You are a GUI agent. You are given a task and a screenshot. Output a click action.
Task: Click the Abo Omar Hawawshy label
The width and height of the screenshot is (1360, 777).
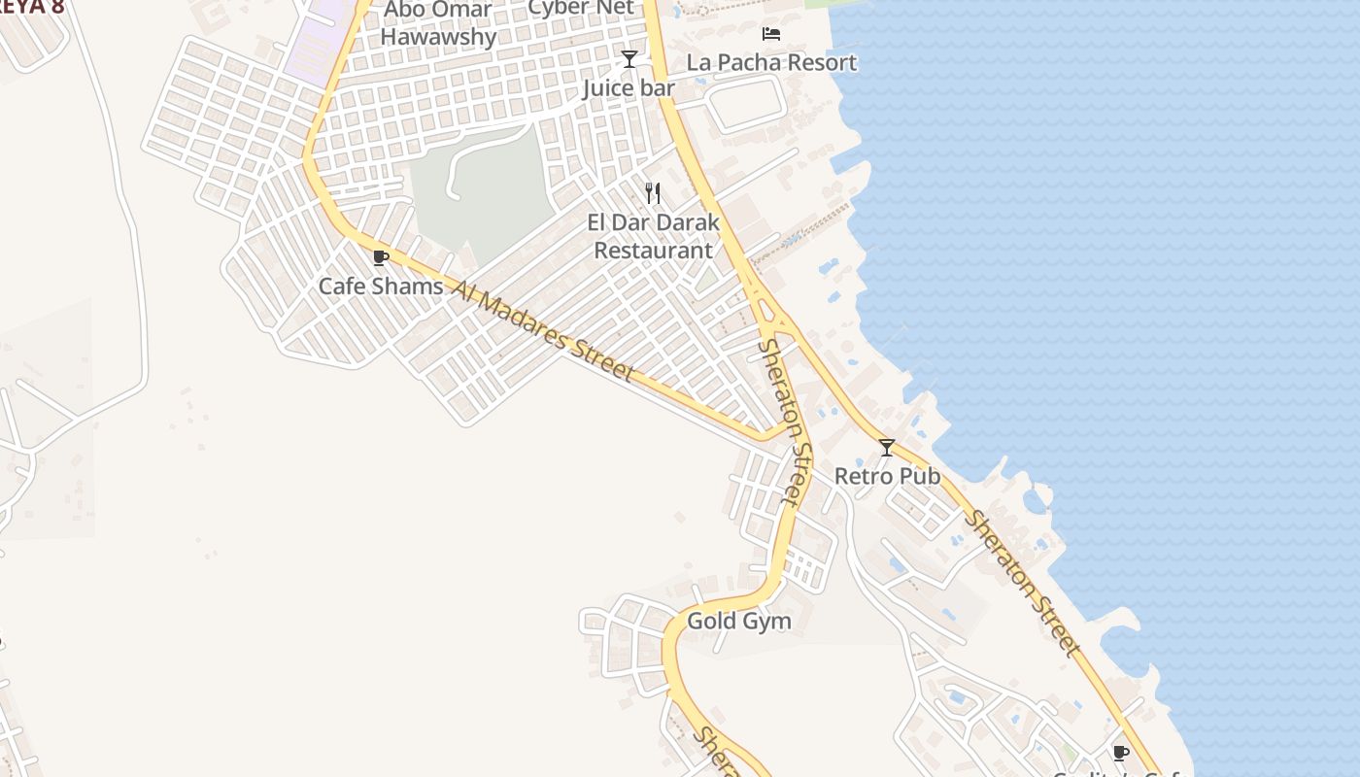(438, 23)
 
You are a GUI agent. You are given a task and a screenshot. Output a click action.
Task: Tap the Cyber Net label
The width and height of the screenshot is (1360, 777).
(580, 8)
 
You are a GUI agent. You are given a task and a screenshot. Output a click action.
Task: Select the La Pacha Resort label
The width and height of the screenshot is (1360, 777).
(771, 62)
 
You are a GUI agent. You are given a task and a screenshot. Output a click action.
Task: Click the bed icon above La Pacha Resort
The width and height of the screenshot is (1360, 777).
(771, 34)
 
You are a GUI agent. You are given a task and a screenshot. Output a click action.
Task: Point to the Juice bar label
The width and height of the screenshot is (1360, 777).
(629, 88)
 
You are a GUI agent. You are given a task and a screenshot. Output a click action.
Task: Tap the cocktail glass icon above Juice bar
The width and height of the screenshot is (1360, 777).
(629, 59)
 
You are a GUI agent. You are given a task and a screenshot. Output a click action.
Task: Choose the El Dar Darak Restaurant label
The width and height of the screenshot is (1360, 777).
(654, 236)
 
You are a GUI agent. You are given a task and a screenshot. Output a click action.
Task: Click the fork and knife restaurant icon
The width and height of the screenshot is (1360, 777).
(653, 193)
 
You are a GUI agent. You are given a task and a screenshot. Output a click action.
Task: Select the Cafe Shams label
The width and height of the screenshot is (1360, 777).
(381, 287)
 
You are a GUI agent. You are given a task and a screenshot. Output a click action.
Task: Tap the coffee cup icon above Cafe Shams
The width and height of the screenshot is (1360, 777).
(381, 258)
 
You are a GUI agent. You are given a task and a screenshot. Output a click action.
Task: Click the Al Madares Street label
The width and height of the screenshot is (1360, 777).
(544, 330)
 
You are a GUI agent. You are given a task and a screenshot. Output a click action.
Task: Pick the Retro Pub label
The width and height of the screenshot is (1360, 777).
(887, 476)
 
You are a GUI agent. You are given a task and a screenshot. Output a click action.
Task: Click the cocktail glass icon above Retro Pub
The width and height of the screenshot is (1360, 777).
(886, 448)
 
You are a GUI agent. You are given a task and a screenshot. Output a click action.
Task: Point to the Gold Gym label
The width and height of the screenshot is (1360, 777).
(738, 621)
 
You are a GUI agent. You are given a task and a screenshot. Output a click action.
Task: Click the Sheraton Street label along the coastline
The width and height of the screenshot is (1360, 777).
(1022, 583)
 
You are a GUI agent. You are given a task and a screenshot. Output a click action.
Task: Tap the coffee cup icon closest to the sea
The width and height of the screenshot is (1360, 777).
(1120, 753)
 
